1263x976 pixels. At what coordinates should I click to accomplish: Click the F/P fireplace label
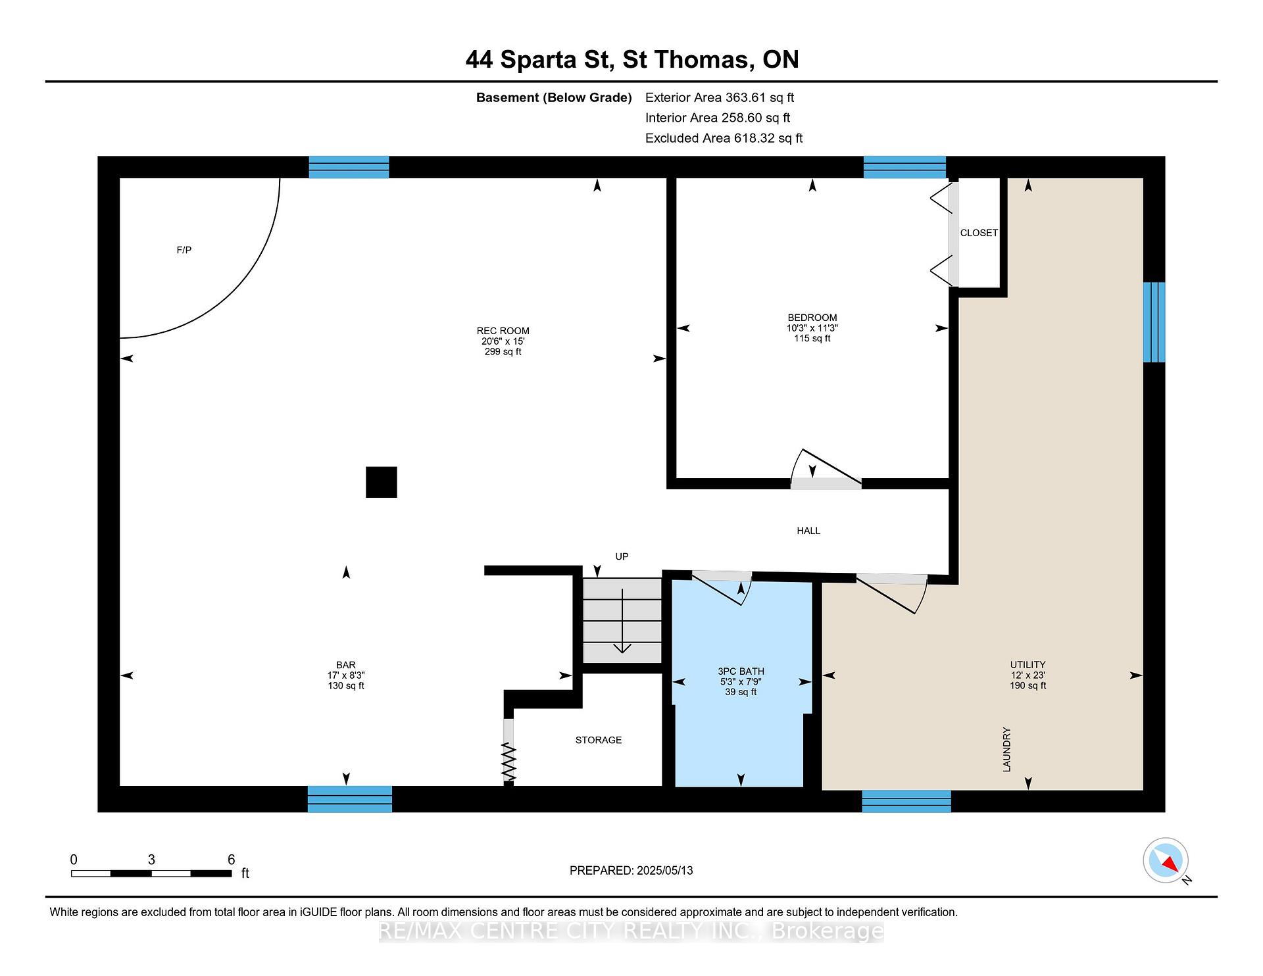pyautogui.click(x=184, y=250)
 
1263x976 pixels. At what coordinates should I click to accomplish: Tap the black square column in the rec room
pyautogui.click(x=382, y=482)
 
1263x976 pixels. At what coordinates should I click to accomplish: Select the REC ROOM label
pyautogui.click(x=503, y=331)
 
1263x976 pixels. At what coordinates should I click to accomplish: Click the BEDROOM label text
pyautogui.click(x=812, y=318)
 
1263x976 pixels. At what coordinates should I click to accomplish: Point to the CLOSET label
pyautogui.click(x=979, y=233)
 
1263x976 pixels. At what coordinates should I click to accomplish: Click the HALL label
pyautogui.click(x=808, y=531)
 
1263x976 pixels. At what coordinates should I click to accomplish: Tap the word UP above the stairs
pyautogui.click(x=622, y=556)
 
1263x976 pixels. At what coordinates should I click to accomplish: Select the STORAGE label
pyautogui.click(x=599, y=740)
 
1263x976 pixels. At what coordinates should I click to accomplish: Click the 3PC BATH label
pyautogui.click(x=741, y=671)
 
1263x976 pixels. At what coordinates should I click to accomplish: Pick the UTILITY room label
pyautogui.click(x=1028, y=665)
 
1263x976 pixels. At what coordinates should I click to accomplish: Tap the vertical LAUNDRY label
pyautogui.click(x=1006, y=750)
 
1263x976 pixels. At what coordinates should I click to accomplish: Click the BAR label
pyautogui.click(x=346, y=666)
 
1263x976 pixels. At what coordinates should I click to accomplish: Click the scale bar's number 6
pyautogui.click(x=231, y=860)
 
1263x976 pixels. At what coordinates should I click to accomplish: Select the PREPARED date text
pyautogui.click(x=631, y=871)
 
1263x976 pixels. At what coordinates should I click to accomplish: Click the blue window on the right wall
pyautogui.click(x=1154, y=322)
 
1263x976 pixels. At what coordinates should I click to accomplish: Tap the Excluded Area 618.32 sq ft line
pyautogui.click(x=724, y=138)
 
